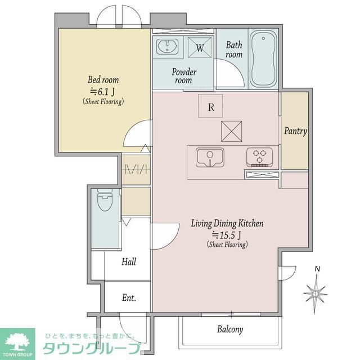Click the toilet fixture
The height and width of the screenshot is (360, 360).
pyautogui.click(x=105, y=200)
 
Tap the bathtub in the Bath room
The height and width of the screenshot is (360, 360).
pyautogui.click(x=263, y=58)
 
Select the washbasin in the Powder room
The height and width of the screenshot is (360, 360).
pyautogui.click(x=167, y=46)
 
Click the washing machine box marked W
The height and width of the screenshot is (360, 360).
pyautogui.click(x=200, y=47)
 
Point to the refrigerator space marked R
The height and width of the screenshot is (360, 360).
pyautogui.click(x=210, y=106)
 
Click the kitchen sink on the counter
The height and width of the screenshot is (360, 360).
pyautogui.click(x=210, y=157)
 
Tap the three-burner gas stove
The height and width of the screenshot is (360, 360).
pyautogui.click(x=260, y=157)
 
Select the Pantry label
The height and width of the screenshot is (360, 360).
pyautogui.click(x=295, y=131)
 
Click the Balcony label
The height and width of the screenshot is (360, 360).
pyautogui.click(x=230, y=330)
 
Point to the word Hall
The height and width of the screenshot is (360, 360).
pyautogui.click(x=129, y=262)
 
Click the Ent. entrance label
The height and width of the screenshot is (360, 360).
pyautogui.click(x=129, y=298)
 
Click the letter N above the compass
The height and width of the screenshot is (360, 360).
pyautogui.click(x=317, y=269)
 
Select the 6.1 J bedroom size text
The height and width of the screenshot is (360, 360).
pyautogui.click(x=102, y=92)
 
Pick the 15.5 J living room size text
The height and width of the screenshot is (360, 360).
pyautogui.click(x=227, y=235)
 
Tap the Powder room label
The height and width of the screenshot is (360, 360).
pyautogui.click(x=184, y=76)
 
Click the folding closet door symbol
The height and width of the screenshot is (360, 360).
pyautogui.click(x=136, y=170)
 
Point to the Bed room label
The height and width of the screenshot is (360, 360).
pyautogui.click(x=103, y=80)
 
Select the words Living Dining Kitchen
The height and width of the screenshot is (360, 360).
pyautogui.click(x=227, y=223)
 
